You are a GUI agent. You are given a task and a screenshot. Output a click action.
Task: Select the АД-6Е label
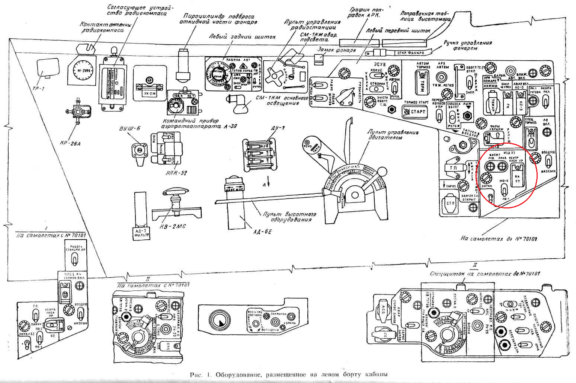click(263, 232)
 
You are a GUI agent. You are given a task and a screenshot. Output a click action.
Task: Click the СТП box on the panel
click(451, 203)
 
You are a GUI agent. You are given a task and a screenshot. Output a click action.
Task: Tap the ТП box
click(454, 168)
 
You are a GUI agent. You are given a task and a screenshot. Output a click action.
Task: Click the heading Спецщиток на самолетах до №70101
click(484, 274)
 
